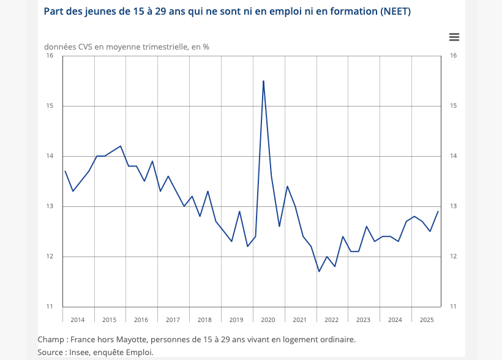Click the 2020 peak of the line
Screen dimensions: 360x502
[263, 81]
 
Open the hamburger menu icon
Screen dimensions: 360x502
[454, 37]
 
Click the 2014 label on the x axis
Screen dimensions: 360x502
[78, 320]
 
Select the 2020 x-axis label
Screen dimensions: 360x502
[268, 320]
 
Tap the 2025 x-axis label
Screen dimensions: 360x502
[427, 320]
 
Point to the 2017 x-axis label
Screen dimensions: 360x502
[173, 320]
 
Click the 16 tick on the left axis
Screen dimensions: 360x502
[50, 56]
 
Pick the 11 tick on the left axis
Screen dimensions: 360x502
[50, 307]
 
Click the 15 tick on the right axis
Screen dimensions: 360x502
[454, 106]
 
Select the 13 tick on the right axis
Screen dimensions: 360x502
[454, 206]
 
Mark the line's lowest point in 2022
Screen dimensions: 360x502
[319, 271]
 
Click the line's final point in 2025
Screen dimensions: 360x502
[438, 211]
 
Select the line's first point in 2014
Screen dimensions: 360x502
[65, 171]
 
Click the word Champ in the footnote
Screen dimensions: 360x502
[51, 339]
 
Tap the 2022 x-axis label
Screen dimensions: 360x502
[331, 320]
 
